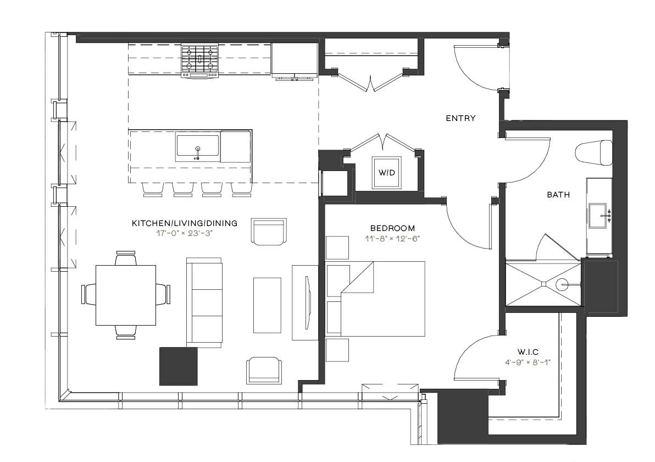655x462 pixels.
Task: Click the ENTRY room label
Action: [460, 118]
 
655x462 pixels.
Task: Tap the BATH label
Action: [558, 194]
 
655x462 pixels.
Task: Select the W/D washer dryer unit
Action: [387, 173]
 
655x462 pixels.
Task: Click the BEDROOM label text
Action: [393, 228]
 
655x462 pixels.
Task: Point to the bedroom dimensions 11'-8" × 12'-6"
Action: [392, 239]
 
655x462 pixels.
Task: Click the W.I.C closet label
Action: [528, 352]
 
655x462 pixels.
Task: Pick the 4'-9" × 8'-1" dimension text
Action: [528, 362]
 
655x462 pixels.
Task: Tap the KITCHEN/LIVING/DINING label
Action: [185, 223]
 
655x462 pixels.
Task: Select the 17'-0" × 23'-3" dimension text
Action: [185, 233]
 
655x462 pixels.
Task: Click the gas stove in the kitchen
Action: [200, 62]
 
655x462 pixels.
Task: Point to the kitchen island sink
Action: [198, 147]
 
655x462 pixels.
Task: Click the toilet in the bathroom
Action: [593, 152]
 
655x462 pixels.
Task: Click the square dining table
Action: [126, 295]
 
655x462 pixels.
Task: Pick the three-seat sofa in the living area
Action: [204, 302]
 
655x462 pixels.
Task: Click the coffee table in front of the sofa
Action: [268, 305]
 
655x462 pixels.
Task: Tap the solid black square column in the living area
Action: [179, 366]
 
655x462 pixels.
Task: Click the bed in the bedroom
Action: [375, 299]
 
